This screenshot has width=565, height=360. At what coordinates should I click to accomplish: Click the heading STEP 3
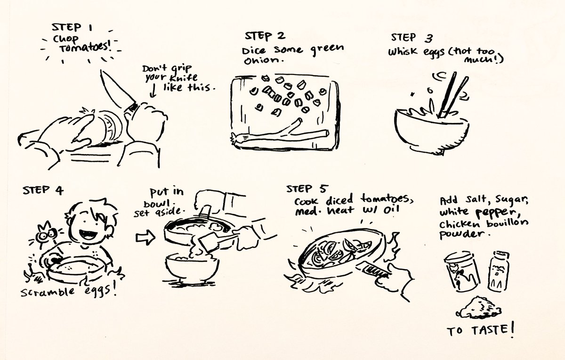pos(410,37)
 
